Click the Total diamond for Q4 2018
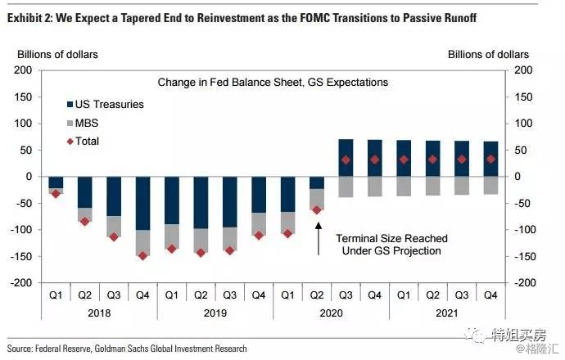click(143, 255)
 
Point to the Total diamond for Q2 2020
click(317, 210)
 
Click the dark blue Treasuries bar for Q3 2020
click(346, 158)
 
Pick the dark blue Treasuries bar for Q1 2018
click(56, 182)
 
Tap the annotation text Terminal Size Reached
click(392, 238)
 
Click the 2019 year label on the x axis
click(215, 312)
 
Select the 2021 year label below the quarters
click(447, 312)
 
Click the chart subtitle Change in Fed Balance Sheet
click(273, 83)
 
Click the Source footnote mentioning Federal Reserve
click(127, 349)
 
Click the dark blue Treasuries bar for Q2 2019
click(201, 202)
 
